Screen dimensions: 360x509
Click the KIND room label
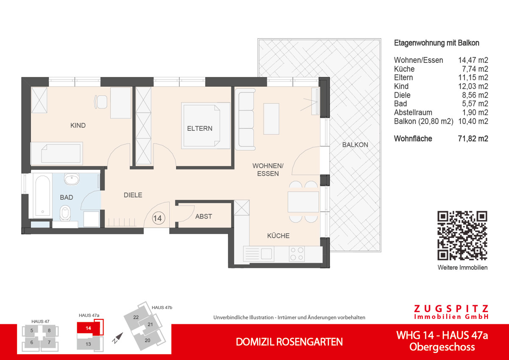click(78, 125)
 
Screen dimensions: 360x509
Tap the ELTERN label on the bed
click(200, 128)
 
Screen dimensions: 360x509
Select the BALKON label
click(355, 145)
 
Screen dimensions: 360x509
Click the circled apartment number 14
click(157, 219)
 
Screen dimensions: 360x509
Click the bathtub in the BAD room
click(42, 196)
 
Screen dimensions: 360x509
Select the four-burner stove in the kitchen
click(296, 253)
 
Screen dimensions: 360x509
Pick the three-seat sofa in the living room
click(245, 120)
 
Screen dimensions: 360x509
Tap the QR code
click(462, 236)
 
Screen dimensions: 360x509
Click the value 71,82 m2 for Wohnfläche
click(473, 139)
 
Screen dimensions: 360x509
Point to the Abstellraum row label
click(413, 112)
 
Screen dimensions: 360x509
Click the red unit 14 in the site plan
click(88, 329)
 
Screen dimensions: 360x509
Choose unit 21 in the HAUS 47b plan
click(150, 325)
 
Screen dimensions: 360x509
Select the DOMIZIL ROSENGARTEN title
click(289, 342)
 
